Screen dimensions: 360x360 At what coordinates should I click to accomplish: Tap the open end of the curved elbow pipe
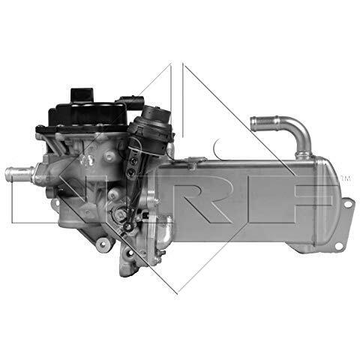(x=253, y=124)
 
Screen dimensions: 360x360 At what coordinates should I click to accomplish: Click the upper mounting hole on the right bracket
(x=348, y=204)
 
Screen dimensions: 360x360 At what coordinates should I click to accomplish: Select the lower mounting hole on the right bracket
(x=338, y=245)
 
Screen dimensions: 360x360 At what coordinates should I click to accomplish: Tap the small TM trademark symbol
(x=346, y=178)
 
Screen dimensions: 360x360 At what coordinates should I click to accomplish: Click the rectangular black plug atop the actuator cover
(x=82, y=95)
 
